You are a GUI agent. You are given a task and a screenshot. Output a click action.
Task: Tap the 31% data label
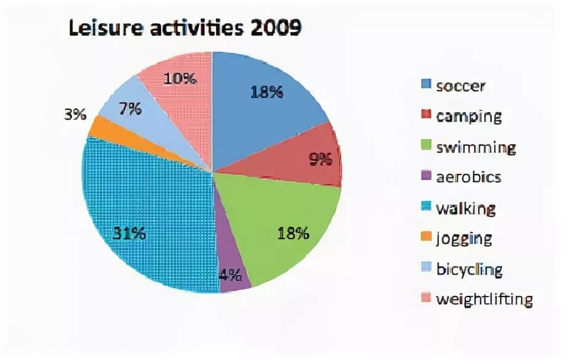[x=129, y=234]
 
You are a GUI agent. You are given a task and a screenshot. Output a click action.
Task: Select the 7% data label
[x=131, y=108]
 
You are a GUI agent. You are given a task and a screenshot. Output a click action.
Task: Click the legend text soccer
[x=460, y=86]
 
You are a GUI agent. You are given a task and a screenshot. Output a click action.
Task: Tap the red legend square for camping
[x=426, y=117]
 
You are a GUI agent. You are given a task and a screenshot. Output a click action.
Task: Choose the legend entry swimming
[x=475, y=147]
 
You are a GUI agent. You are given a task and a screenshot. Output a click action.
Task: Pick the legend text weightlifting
[x=484, y=300]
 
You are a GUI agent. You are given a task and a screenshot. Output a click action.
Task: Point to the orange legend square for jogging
[x=426, y=239]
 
